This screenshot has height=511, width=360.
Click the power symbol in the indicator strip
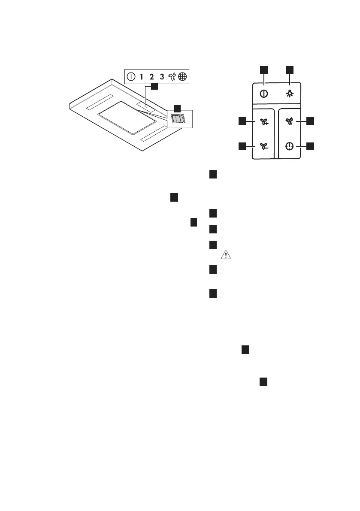coord(131,78)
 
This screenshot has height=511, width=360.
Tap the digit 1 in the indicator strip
coord(142,78)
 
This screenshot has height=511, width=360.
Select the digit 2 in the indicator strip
coord(151,78)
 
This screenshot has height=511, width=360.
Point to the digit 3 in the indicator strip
coord(162,78)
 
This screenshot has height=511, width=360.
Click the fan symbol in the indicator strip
coord(172,78)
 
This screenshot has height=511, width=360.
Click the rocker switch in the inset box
coord(177,118)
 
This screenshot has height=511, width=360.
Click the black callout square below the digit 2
coord(154,87)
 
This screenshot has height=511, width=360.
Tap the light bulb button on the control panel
coord(290,94)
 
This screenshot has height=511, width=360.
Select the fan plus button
coord(263,122)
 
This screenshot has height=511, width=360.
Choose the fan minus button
coord(263,146)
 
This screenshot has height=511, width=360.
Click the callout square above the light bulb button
coord(290,70)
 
